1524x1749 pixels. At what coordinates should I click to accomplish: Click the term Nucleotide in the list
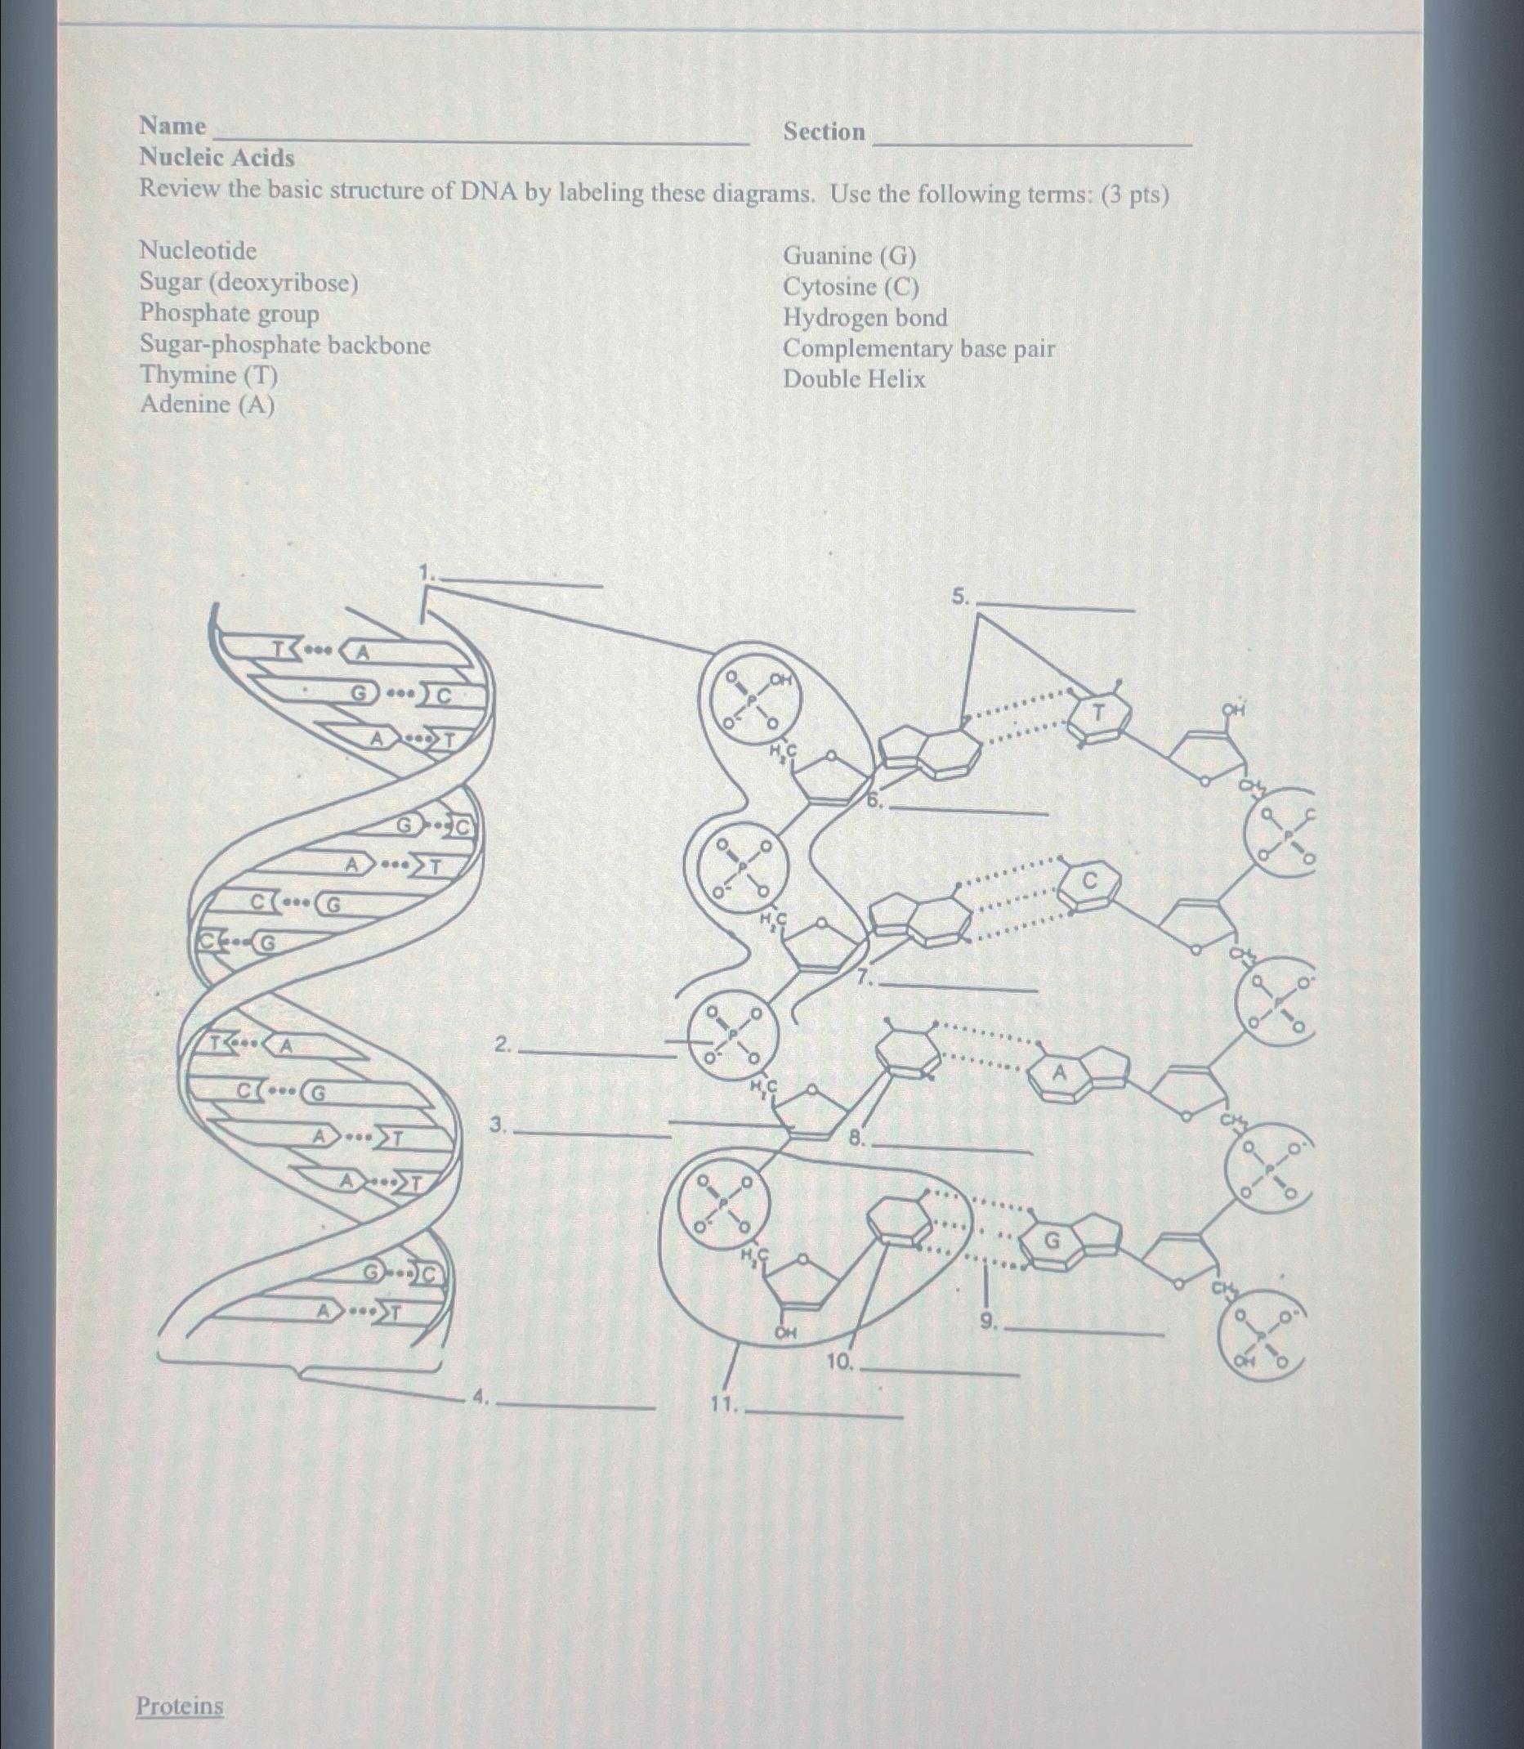coord(197,250)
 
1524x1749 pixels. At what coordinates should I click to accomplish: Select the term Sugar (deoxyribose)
coord(248,282)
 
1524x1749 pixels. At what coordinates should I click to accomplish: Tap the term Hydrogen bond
coord(865,317)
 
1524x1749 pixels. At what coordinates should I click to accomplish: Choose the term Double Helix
coord(854,378)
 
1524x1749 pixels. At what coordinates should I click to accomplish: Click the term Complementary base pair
coord(918,348)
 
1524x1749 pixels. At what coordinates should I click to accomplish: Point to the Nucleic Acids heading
coord(217,158)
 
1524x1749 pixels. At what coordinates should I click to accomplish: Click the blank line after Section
coord(1032,140)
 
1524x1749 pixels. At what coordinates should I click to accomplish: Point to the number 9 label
coord(986,1321)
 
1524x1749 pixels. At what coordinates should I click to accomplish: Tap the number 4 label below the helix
coord(480,1395)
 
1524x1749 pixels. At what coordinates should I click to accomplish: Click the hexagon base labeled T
coord(1099,713)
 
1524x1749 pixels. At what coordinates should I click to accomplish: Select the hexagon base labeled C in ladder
coord(1089,882)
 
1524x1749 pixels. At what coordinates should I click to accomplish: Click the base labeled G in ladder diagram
coord(1052,1241)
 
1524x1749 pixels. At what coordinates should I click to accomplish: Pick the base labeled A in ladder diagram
coord(1059,1074)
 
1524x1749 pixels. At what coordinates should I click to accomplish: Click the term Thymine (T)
coord(208,374)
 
